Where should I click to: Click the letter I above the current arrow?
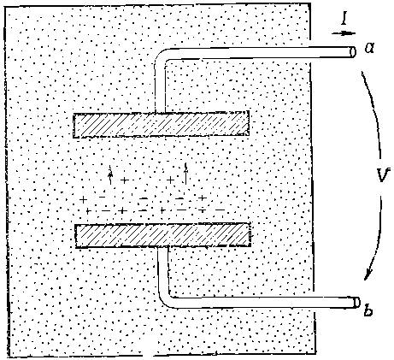click(x=344, y=20)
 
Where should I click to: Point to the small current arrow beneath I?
click(x=344, y=33)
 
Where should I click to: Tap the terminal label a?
click(x=370, y=48)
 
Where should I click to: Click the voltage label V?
click(x=382, y=174)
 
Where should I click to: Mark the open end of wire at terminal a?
click(x=353, y=52)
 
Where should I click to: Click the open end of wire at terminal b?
click(x=356, y=303)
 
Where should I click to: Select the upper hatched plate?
click(x=161, y=125)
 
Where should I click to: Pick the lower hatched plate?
click(x=163, y=235)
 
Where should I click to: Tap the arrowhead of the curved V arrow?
click(x=368, y=274)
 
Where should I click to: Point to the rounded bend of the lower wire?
click(x=165, y=301)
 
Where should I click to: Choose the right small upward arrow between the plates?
click(x=185, y=174)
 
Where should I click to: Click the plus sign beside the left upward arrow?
click(x=124, y=180)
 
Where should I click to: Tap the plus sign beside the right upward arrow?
click(x=170, y=180)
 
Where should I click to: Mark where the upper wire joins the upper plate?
click(x=160, y=112)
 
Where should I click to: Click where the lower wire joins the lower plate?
click(x=163, y=247)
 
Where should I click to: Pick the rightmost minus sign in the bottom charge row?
click(x=220, y=210)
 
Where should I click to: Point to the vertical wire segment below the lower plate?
click(x=163, y=270)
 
